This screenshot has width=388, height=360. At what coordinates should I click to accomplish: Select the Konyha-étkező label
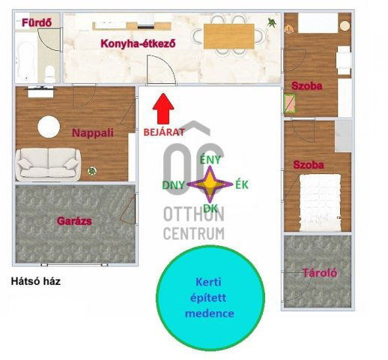click(139, 43)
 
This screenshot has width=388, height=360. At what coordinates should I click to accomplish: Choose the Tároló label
click(318, 273)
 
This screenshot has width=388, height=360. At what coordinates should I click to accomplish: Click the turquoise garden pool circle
click(210, 298)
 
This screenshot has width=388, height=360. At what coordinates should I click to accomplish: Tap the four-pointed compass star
click(209, 184)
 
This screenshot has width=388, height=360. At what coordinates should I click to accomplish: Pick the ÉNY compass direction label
click(210, 159)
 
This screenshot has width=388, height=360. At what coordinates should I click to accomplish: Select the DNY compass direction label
click(175, 184)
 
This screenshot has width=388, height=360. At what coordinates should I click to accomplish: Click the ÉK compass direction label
click(242, 184)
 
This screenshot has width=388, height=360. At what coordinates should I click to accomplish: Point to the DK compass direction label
click(210, 209)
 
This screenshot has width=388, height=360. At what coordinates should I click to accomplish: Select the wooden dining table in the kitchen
click(229, 34)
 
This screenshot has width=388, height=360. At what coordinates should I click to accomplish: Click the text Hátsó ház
click(36, 282)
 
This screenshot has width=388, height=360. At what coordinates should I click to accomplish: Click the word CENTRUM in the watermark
click(193, 233)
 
